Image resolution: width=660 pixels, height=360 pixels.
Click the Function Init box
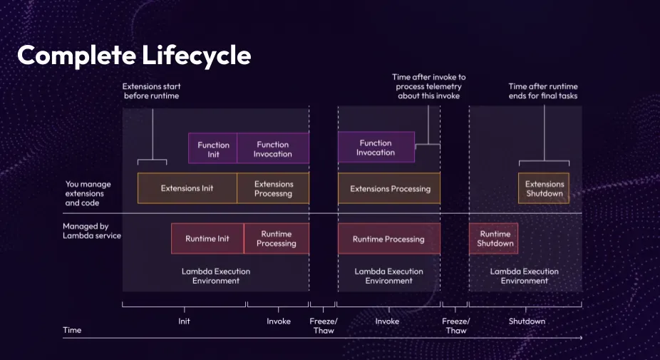pos(212,148)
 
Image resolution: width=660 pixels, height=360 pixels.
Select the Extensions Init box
pos(187,188)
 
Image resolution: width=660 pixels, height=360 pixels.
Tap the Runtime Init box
pos(207,238)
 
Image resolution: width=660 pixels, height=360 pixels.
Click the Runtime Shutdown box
pos(494,238)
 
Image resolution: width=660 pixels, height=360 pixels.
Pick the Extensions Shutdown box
pos(544,188)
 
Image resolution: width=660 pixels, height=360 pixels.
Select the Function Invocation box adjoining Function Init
pos(273,148)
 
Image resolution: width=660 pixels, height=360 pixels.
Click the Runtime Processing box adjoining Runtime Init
pos(277,238)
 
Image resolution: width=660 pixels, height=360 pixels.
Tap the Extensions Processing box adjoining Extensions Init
pos(273,188)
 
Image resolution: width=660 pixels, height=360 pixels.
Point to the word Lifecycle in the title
pos(196,56)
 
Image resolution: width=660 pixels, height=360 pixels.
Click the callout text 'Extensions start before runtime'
pos(152,91)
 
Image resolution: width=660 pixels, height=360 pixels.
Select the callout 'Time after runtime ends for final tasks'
pos(543,91)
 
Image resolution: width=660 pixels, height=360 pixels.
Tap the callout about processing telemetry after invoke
pos(429,86)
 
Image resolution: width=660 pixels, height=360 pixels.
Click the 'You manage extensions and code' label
pos(88,193)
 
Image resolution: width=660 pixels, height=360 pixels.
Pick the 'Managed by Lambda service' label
pos(92,231)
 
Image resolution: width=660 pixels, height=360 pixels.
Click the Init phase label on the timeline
pos(184,321)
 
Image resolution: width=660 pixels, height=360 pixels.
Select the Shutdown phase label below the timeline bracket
pos(527,321)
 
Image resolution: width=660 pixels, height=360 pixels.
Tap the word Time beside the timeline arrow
pos(72,329)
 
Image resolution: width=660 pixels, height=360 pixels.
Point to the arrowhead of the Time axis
pos(581,338)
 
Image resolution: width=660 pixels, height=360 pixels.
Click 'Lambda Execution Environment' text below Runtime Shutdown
pos(525,276)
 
